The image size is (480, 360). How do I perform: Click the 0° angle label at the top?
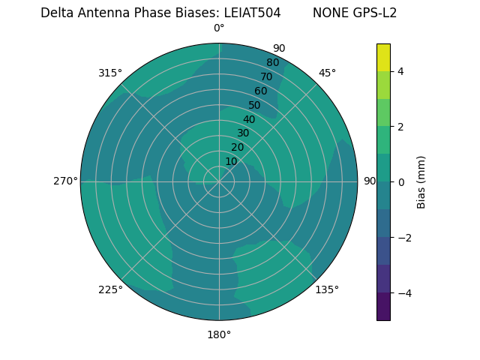click(x=219, y=28)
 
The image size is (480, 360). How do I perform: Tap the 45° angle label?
click(x=327, y=73)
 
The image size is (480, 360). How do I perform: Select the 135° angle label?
click(x=327, y=289)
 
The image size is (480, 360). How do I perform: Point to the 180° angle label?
click(x=219, y=334)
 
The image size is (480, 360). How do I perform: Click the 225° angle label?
click(x=110, y=289)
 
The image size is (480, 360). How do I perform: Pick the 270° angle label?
click(x=65, y=181)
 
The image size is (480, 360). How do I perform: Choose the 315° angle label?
click(x=110, y=73)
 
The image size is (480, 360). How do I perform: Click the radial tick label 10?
click(x=231, y=161)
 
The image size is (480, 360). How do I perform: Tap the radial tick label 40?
click(x=249, y=119)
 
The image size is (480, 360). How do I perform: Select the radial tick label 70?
click(x=266, y=76)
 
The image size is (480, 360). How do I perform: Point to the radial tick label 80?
click(x=272, y=63)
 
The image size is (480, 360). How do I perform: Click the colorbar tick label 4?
click(x=400, y=71)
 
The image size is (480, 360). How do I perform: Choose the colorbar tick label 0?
click(x=400, y=181)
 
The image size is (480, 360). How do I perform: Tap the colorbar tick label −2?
click(x=403, y=238)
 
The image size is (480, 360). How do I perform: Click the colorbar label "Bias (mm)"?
click(x=421, y=181)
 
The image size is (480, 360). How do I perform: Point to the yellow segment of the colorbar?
click(x=383, y=57)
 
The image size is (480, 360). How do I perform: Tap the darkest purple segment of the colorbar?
click(x=383, y=306)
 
